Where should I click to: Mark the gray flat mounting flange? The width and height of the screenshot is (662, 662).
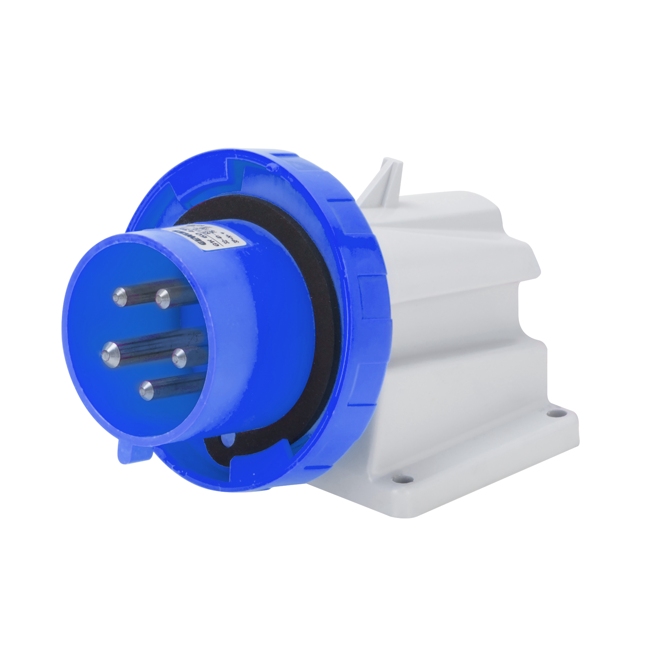[x=480, y=456]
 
